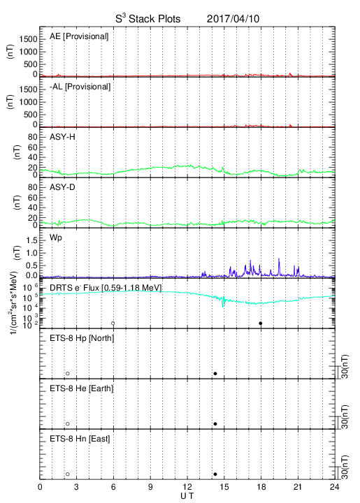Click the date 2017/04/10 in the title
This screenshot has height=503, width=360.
pos(233,19)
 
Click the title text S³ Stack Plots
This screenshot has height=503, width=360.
pos(148,19)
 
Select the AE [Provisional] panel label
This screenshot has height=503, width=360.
pos(79,36)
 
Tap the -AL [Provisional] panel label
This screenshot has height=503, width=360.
pos(80,87)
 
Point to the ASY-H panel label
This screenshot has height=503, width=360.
pos(62,137)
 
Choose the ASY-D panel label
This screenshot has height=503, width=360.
pos(62,187)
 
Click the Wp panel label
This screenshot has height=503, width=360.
pos(56,238)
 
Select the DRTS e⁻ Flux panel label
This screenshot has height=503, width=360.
pos(106,288)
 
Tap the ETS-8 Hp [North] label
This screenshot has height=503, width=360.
pos(82,338)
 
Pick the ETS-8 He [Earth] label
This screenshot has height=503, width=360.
pos(82,388)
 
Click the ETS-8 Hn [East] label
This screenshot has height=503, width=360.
pos(80,439)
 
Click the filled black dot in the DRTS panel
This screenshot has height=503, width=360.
pos(261,323)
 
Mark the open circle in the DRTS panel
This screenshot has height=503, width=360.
pos(113,323)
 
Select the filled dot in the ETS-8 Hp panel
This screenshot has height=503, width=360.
pos(215,373)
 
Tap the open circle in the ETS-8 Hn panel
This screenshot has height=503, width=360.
pos(68,474)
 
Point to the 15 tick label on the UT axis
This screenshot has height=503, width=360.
pos(224,487)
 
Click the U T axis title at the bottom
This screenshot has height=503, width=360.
pos(187,496)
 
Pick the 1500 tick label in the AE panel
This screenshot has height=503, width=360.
pos(28,39)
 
